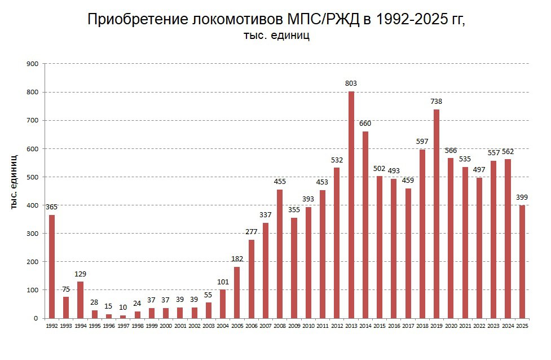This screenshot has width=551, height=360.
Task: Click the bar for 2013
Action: (x=351, y=204)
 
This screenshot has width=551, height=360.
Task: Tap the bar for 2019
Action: (x=437, y=214)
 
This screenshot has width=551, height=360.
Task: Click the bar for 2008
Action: (x=280, y=254)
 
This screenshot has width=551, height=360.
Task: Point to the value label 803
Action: (x=351, y=84)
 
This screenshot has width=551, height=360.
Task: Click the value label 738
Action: (x=437, y=102)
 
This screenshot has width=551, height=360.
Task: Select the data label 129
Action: (x=80, y=274)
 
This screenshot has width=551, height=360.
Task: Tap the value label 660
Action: (x=365, y=124)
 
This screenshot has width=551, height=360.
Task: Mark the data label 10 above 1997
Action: (x=123, y=308)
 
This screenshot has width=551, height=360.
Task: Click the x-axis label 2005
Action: (x=237, y=326)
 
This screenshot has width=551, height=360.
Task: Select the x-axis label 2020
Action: (x=451, y=326)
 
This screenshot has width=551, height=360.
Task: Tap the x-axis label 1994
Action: (x=80, y=326)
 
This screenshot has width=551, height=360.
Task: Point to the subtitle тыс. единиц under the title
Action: (x=276, y=36)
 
